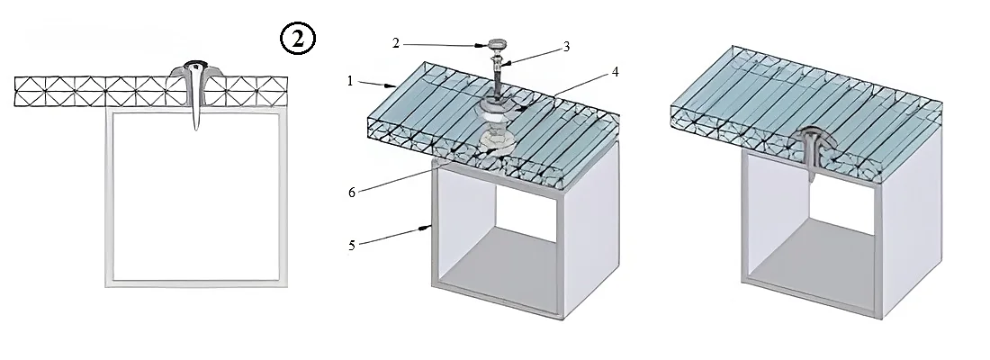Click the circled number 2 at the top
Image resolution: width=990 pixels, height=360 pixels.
coord(297,40)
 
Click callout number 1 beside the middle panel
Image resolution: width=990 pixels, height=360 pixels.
coord(350,81)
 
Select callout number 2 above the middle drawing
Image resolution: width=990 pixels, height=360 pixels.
coord(396,43)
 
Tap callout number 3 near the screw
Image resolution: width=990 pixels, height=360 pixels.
coord(566,47)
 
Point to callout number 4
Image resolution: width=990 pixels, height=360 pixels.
coord(615,72)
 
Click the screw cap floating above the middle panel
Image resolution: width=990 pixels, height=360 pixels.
coord(497,46)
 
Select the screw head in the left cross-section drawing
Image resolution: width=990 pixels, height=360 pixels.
coord(195,66)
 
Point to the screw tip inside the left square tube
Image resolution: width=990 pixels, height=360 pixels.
coord(196,127)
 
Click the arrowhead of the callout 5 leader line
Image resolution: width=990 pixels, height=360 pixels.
coord(427,228)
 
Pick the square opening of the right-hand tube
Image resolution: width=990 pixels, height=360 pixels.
coord(811,235)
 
